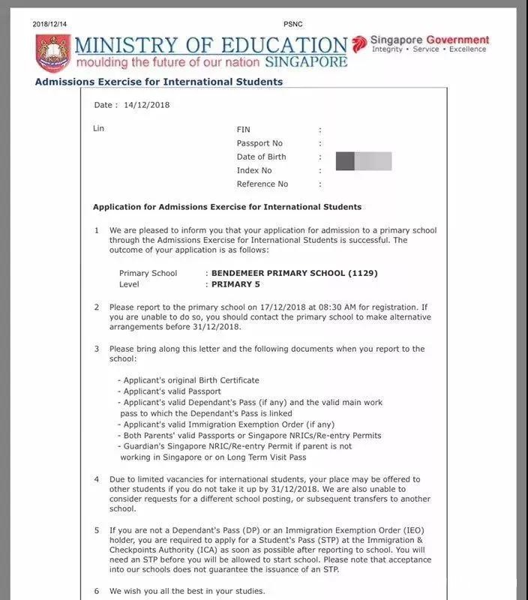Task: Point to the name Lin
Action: coord(98,128)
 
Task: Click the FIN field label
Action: coord(243,130)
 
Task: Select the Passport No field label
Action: coord(259,143)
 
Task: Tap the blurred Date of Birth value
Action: coord(363,160)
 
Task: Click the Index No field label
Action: coord(254,170)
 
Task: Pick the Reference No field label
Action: coord(262,184)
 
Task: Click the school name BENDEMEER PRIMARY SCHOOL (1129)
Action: coord(289,273)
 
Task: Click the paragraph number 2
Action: coord(96,307)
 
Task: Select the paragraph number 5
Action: coord(96,529)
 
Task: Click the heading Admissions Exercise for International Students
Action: coord(158,82)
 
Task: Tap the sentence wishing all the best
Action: coord(187,591)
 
